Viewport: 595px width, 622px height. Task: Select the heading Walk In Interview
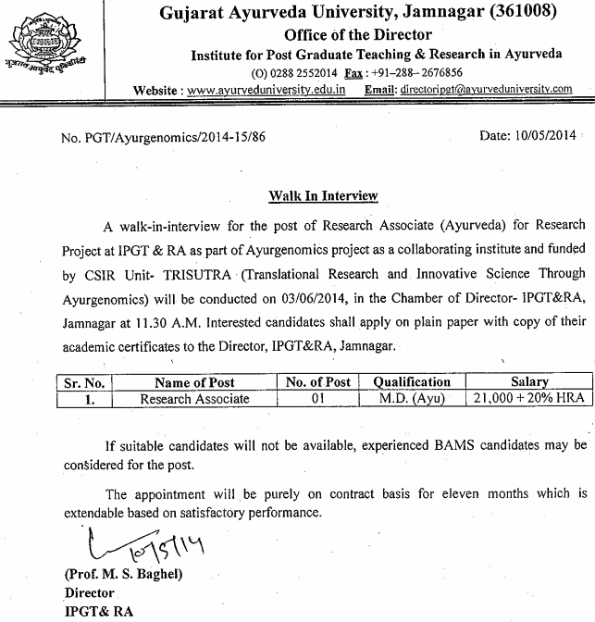323,196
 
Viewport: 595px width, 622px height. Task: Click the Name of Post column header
194,381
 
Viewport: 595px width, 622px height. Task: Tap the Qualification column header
411,381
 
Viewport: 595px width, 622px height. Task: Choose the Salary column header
528,381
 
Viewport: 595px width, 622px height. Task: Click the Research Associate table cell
194,398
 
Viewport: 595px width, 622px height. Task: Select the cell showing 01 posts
318,398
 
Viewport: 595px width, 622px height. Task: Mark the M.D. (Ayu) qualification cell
411,398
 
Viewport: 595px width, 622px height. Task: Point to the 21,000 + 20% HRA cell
528,398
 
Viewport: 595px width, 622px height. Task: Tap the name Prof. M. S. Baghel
124,574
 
